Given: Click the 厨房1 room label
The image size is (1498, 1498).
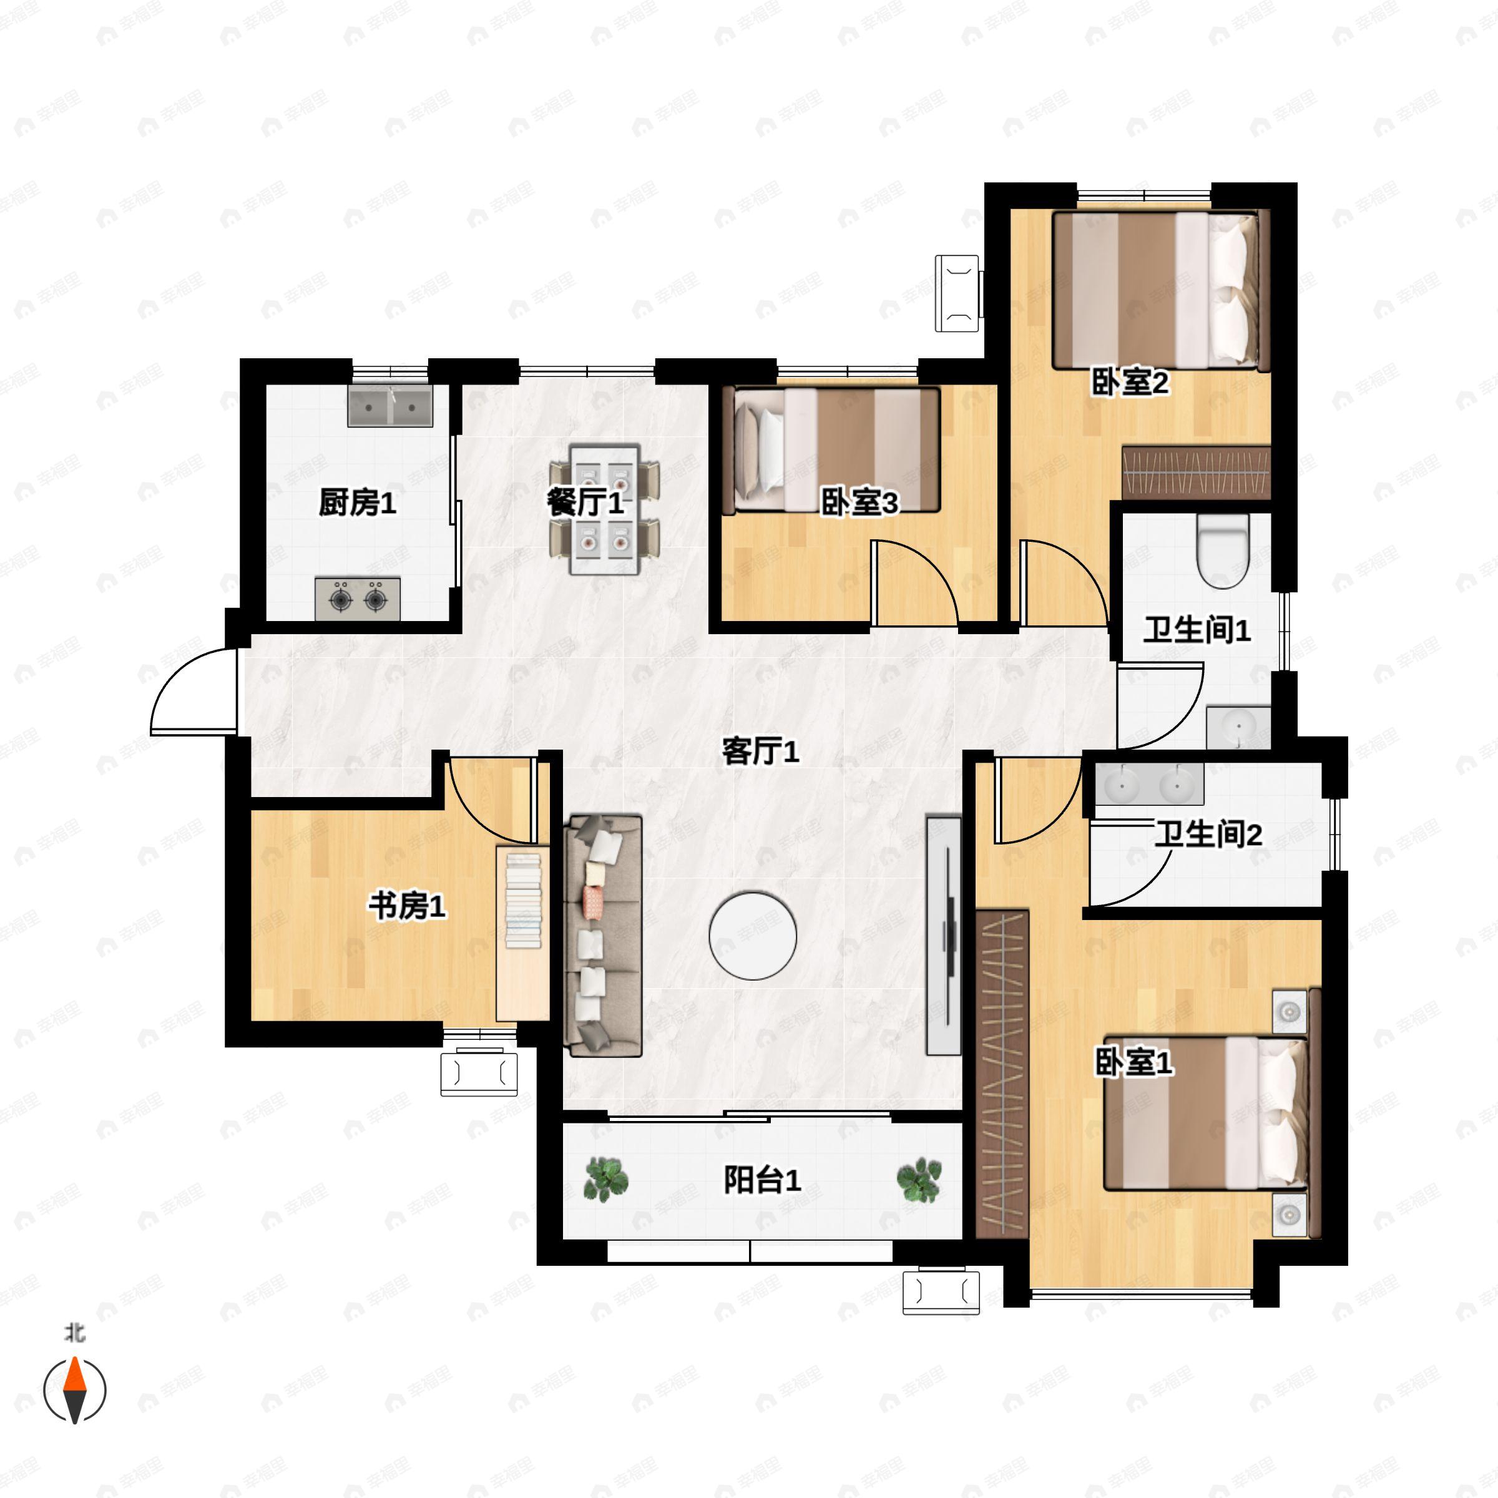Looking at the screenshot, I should [358, 503].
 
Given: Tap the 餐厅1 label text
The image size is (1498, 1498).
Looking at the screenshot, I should [585, 502].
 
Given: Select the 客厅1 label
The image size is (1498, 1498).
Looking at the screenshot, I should [760, 750].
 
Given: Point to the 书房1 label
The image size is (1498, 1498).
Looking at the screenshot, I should [407, 905].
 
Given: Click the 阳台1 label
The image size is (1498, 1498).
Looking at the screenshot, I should [761, 1180].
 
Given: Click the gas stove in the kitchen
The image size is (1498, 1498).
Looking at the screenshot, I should [358, 599].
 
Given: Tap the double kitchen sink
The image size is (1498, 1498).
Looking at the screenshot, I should [390, 406].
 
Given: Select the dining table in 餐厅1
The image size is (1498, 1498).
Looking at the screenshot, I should [605, 509].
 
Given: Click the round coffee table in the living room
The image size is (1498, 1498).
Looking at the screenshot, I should [752, 936].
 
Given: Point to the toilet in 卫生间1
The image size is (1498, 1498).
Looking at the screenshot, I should [1223, 550].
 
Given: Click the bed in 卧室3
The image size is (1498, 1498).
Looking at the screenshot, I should [831, 449].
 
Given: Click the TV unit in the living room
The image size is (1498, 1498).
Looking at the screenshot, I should [944, 934].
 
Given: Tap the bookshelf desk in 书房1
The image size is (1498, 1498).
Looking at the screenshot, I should [522, 934].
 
